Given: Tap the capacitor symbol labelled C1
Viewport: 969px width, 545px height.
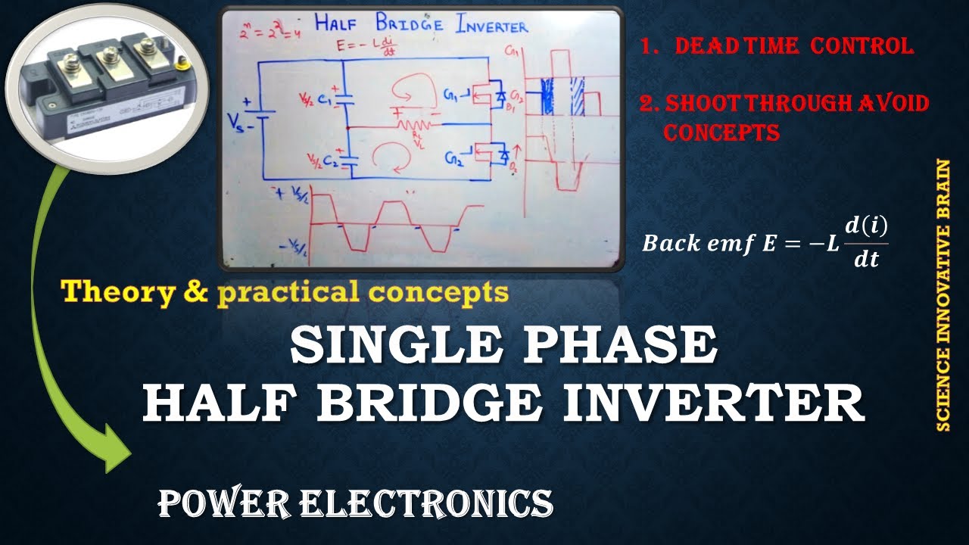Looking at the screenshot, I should tap(344, 98).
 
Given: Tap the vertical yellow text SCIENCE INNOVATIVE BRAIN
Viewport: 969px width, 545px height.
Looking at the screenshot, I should tap(943, 295).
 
